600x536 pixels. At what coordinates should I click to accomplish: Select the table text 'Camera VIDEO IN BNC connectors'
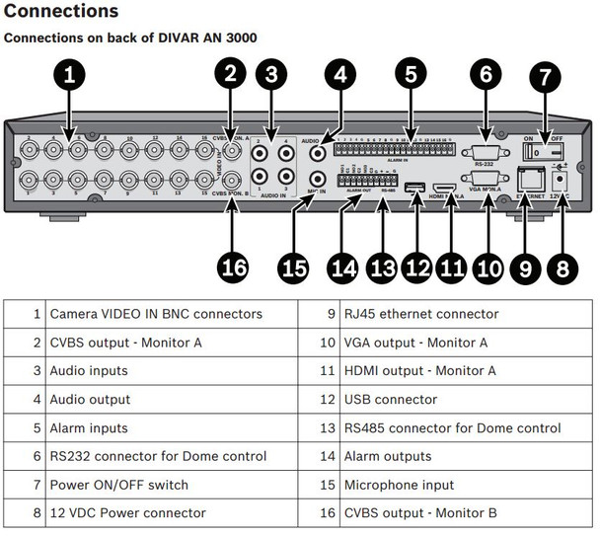156,314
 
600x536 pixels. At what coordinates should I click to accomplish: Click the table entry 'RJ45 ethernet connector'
421,314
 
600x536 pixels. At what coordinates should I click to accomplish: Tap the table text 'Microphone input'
399,485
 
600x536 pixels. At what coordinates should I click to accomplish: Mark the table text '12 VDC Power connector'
127,513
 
